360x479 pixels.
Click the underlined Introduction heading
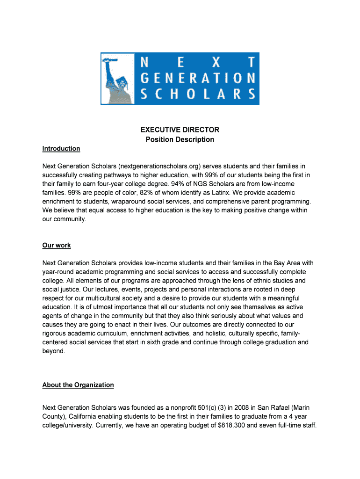61,148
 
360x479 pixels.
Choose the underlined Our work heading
57,245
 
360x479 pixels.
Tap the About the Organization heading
78,385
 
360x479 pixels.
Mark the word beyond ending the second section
53,351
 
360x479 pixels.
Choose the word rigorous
56,333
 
